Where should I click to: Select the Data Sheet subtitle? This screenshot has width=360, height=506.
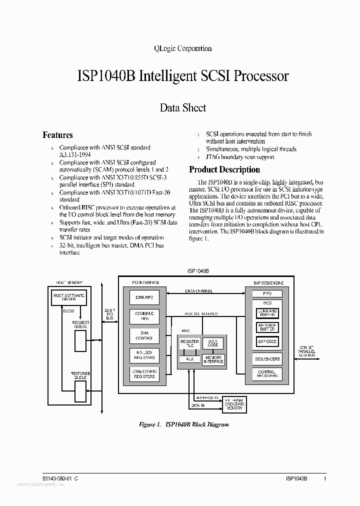pyautogui.click(x=182, y=107)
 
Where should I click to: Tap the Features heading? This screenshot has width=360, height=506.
pyautogui.click(x=57, y=135)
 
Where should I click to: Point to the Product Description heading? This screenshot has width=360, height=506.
pyautogui.click(x=224, y=169)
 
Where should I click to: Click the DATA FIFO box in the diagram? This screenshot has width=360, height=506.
pyautogui.click(x=144, y=297)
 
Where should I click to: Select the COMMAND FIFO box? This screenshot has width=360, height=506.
pyautogui.click(x=144, y=315)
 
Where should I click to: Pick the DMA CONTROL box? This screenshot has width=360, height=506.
pyautogui.click(x=144, y=335)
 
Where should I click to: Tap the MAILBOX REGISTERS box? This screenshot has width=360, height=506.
pyautogui.click(x=144, y=354)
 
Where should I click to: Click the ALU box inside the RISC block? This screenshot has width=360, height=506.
pyautogui.click(x=189, y=358)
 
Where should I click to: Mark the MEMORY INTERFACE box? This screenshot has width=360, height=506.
pyautogui.click(x=213, y=359)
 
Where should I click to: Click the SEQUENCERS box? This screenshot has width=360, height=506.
pyautogui.click(x=267, y=358)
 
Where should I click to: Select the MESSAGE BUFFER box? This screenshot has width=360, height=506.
pyautogui.click(x=267, y=327)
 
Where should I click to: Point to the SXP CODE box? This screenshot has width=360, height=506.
pyautogui.click(x=267, y=341)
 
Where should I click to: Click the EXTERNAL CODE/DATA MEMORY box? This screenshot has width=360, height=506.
pyautogui.click(x=234, y=404)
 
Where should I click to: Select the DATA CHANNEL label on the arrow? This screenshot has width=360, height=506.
pyautogui.click(x=199, y=290)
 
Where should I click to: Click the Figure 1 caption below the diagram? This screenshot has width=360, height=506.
pyautogui.click(x=183, y=424)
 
